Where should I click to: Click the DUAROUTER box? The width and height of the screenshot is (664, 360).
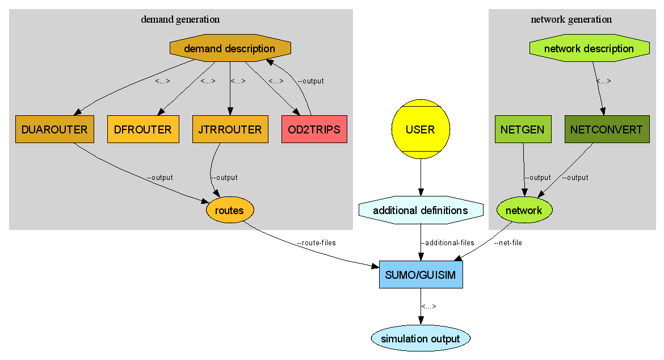54,129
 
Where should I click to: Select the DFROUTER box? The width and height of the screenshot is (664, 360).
143,129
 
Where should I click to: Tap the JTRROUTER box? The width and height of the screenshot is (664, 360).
230,129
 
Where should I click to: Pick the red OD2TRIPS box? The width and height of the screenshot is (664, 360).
314,129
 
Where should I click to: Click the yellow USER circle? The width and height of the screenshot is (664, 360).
421,129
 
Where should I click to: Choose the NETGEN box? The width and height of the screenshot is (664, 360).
523,129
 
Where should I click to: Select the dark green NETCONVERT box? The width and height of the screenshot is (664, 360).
607,129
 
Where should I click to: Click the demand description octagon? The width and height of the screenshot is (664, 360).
230,49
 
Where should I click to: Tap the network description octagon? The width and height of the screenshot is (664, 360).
589,49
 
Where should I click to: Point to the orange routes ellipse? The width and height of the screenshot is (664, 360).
230,211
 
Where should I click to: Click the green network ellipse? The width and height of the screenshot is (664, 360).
524,211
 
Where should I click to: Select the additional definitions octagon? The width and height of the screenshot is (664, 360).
421,211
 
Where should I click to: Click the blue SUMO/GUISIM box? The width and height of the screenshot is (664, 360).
421,275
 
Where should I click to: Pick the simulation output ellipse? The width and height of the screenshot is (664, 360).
421,339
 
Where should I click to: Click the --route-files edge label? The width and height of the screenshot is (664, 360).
316,243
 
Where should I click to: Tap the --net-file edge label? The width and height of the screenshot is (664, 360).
507,243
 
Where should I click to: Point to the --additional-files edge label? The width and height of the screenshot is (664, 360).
448,243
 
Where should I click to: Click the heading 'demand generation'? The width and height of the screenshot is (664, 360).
180,19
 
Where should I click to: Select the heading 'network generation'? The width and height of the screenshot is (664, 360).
571,19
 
